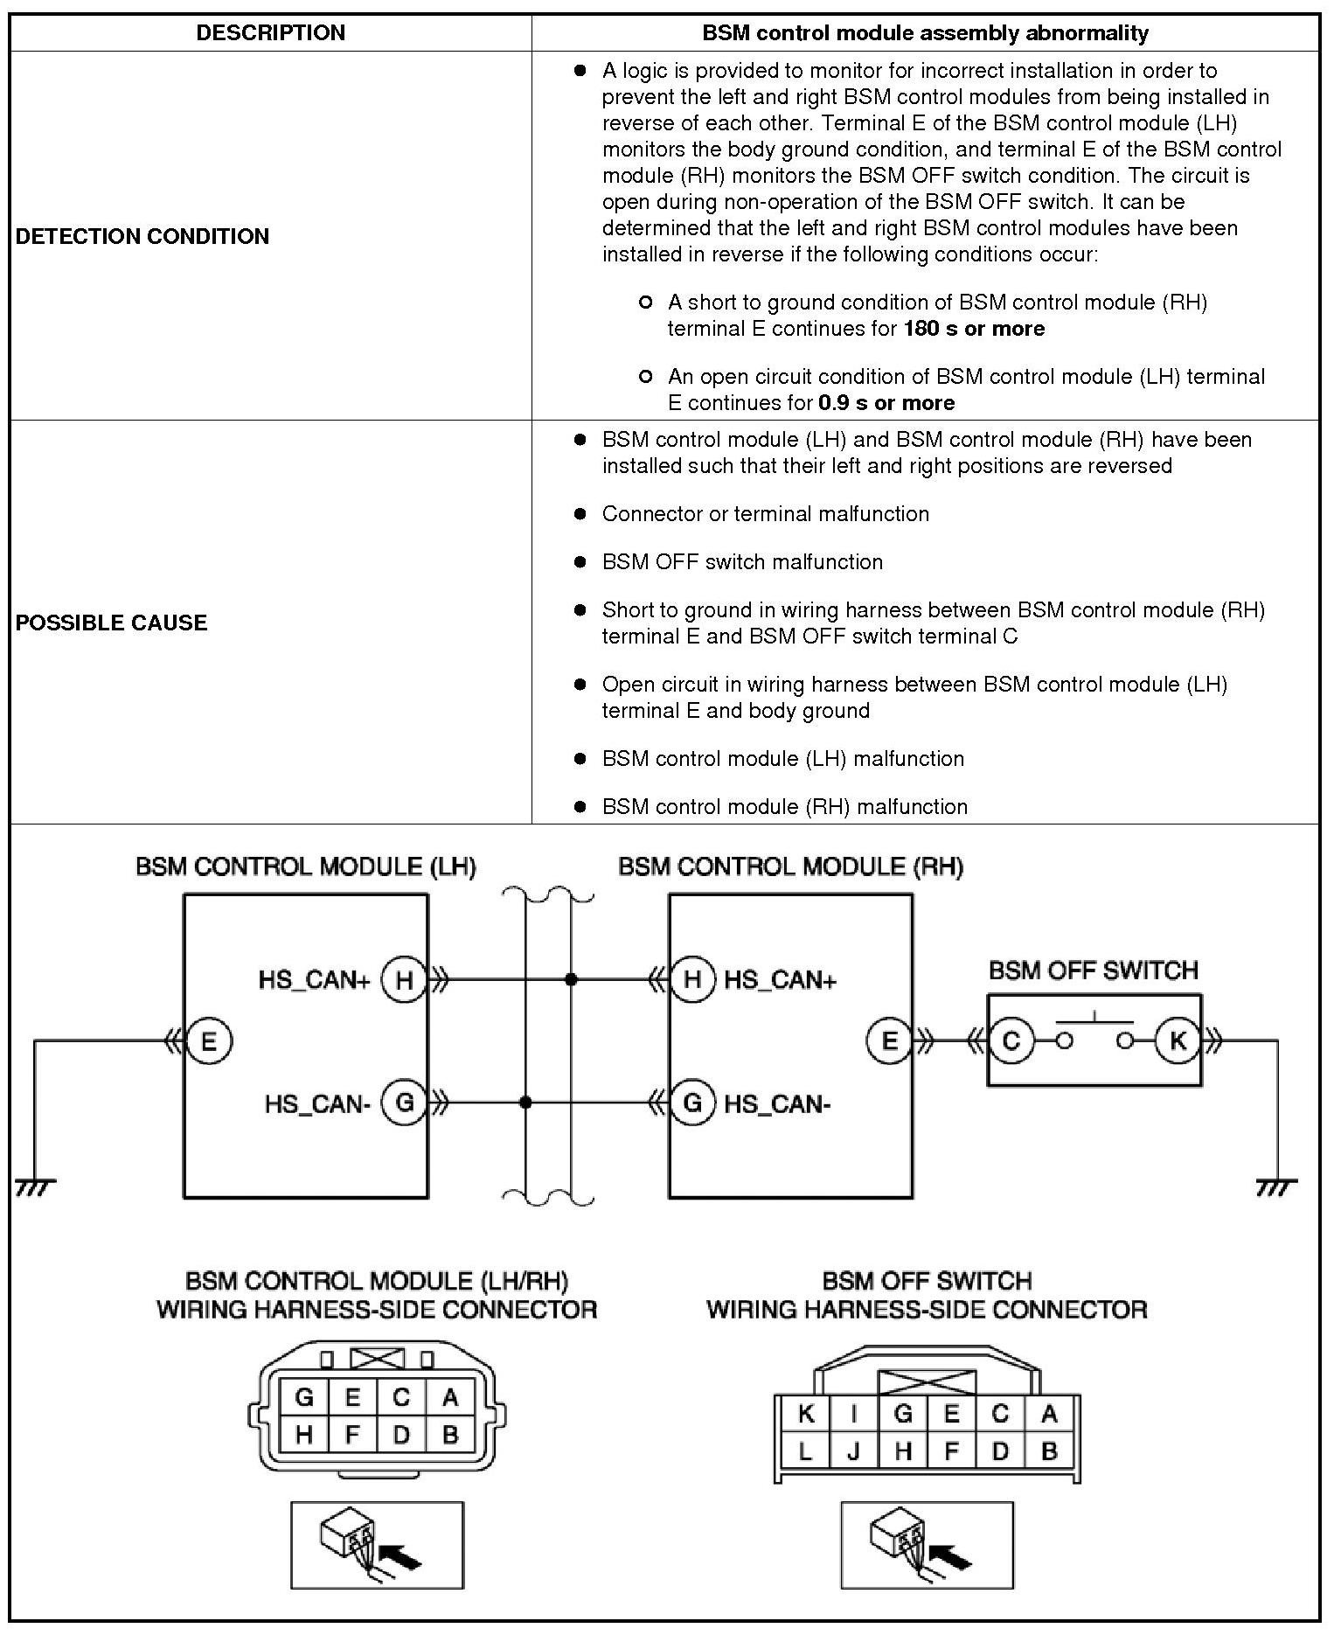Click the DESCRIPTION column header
pyautogui.click(x=270, y=33)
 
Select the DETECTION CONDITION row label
pyautogui.click(x=142, y=236)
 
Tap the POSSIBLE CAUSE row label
pyautogui.click(x=112, y=623)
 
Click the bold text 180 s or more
pyautogui.click(x=974, y=329)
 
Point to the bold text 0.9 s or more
pyautogui.click(x=886, y=403)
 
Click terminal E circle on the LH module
pyautogui.click(x=209, y=1041)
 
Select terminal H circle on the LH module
pyautogui.click(x=404, y=980)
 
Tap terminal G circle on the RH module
pyautogui.click(x=691, y=1103)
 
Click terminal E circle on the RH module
pyautogui.click(x=889, y=1041)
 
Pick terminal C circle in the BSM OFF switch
pyautogui.click(x=1011, y=1041)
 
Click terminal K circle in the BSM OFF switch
pyautogui.click(x=1177, y=1041)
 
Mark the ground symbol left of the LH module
pyautogui.click(x=35, y=1187)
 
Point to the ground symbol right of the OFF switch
pyautogui.click(x=1276, y=1187)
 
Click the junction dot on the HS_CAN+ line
pyautogui.click(x=571, y=980)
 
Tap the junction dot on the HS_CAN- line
pyautogui.click(x=525, y=1103)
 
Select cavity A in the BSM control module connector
pyautogui.click(x=450, y=1397)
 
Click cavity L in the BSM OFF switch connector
pyautogui.click(x=806, y=1452)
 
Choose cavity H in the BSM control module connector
pyautogui.click(x=304, y=1434)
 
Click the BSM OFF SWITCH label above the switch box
pyautogui.click(x=1093, y=971)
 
